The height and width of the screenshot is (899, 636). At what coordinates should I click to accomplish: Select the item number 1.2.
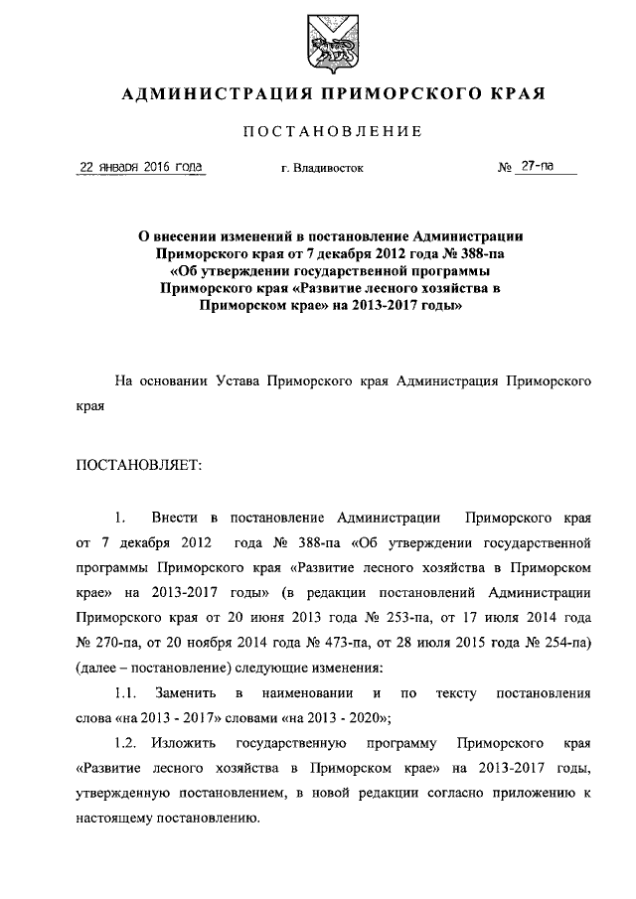(126, 742)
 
